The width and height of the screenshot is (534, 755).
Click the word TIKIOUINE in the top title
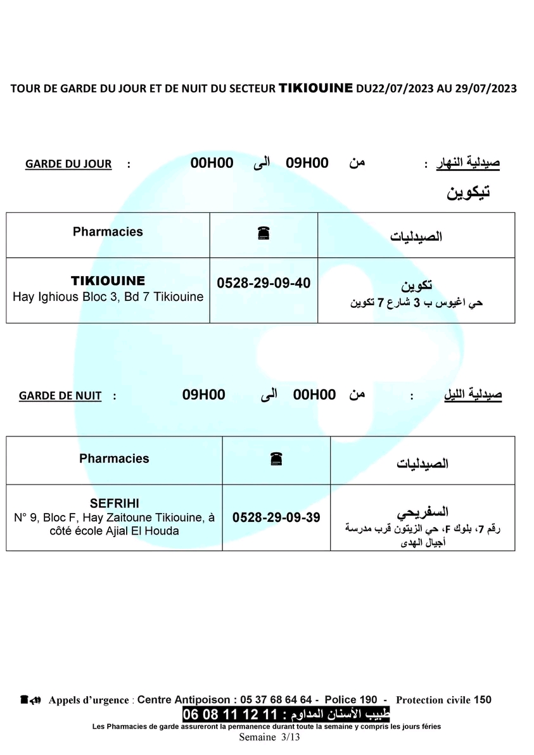(315, 89)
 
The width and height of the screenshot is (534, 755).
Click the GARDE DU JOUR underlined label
(68, 164)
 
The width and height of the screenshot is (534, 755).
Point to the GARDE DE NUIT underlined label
(60, 396)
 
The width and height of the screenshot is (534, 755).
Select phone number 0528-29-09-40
(264, 283)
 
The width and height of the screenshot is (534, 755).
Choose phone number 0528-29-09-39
(276, 517)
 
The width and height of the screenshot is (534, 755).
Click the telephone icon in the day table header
(264, 232)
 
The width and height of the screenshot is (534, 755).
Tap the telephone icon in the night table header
(276, 458)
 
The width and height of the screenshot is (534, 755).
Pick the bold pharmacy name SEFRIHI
(115, 504)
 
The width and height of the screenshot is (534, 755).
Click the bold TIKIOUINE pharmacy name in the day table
(108, 281)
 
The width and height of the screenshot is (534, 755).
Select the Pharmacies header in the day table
(108, 232)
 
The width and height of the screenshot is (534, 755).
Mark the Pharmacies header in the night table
(114, 459)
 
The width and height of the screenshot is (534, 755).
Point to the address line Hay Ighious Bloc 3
(108, 296)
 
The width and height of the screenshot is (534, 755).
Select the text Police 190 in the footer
(351, 700)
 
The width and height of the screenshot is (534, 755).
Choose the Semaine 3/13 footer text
(269, 737)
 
